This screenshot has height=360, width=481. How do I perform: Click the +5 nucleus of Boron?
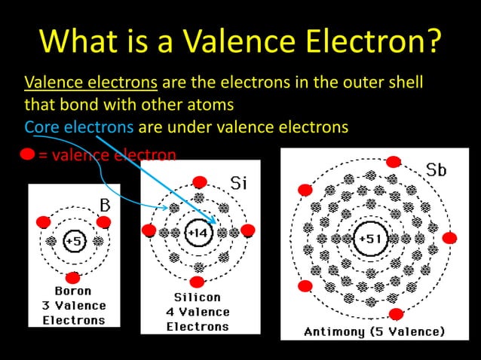coord(74,241)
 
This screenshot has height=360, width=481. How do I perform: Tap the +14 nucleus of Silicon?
coord(198,233)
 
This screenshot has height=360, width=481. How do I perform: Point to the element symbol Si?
coord(238,183)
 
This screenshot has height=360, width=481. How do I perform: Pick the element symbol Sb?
coord(436,170)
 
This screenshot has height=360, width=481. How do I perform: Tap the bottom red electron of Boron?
coord(73,277)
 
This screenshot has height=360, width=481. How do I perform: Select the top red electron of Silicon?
coord(199,182)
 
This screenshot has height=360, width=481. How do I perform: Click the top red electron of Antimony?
coord(393,162)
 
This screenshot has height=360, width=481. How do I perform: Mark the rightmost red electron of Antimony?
coord(449,238)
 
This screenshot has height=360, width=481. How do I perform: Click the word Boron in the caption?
coord(73,291)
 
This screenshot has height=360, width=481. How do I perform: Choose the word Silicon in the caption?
coord(198,297)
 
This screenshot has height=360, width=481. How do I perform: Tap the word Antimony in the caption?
coord(335,331)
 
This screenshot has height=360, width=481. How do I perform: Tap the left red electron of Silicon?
coord(149,230)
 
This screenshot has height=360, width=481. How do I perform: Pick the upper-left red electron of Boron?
coord(43,222)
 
